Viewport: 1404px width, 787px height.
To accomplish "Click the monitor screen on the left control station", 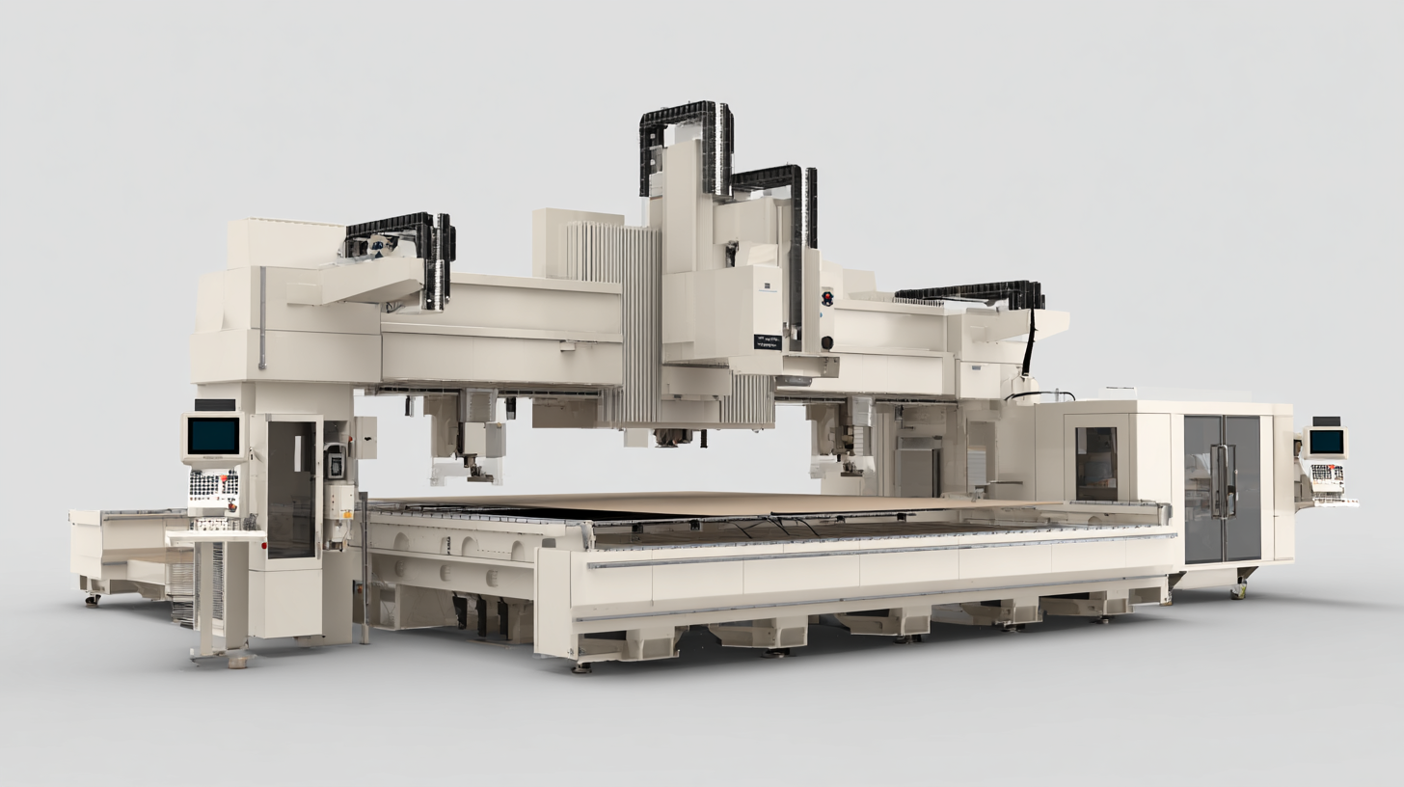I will (213, 436).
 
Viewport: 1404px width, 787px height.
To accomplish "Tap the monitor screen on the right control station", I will (1326, 442).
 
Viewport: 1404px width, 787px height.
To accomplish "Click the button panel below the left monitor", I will (213, 484).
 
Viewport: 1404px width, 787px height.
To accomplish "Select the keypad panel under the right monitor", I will (1327, 476).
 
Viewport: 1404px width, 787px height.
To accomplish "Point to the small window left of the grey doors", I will (1095, 463).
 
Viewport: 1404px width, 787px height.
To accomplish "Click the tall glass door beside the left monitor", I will (291, 489).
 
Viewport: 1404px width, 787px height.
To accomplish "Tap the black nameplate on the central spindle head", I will (768, 341).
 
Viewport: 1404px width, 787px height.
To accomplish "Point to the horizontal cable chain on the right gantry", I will (969, 289).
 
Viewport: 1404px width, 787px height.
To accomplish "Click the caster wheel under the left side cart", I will (94, 600).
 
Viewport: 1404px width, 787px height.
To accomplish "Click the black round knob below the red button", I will (826, 341).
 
